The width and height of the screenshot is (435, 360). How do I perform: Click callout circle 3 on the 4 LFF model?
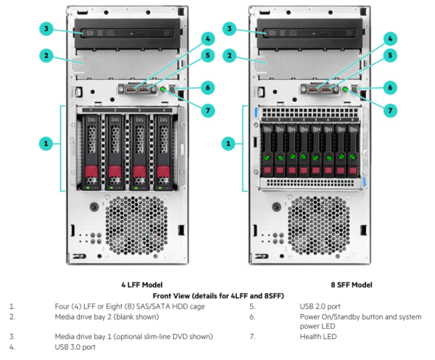coord(46,29)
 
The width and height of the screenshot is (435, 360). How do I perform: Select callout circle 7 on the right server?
coord(391,110)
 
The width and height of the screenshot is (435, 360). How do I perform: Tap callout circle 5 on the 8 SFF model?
coord(391,54)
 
